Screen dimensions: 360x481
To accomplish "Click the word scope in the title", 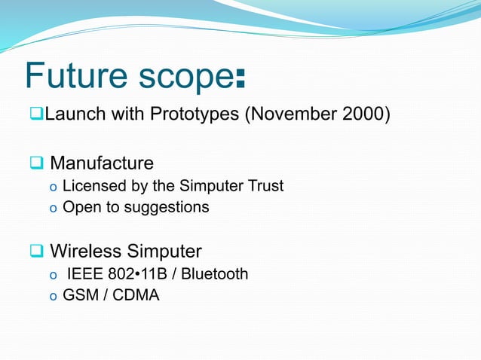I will (184, 78).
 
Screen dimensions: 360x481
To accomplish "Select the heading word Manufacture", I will (102, 163).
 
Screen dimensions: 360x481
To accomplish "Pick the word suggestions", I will (163, 207).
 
